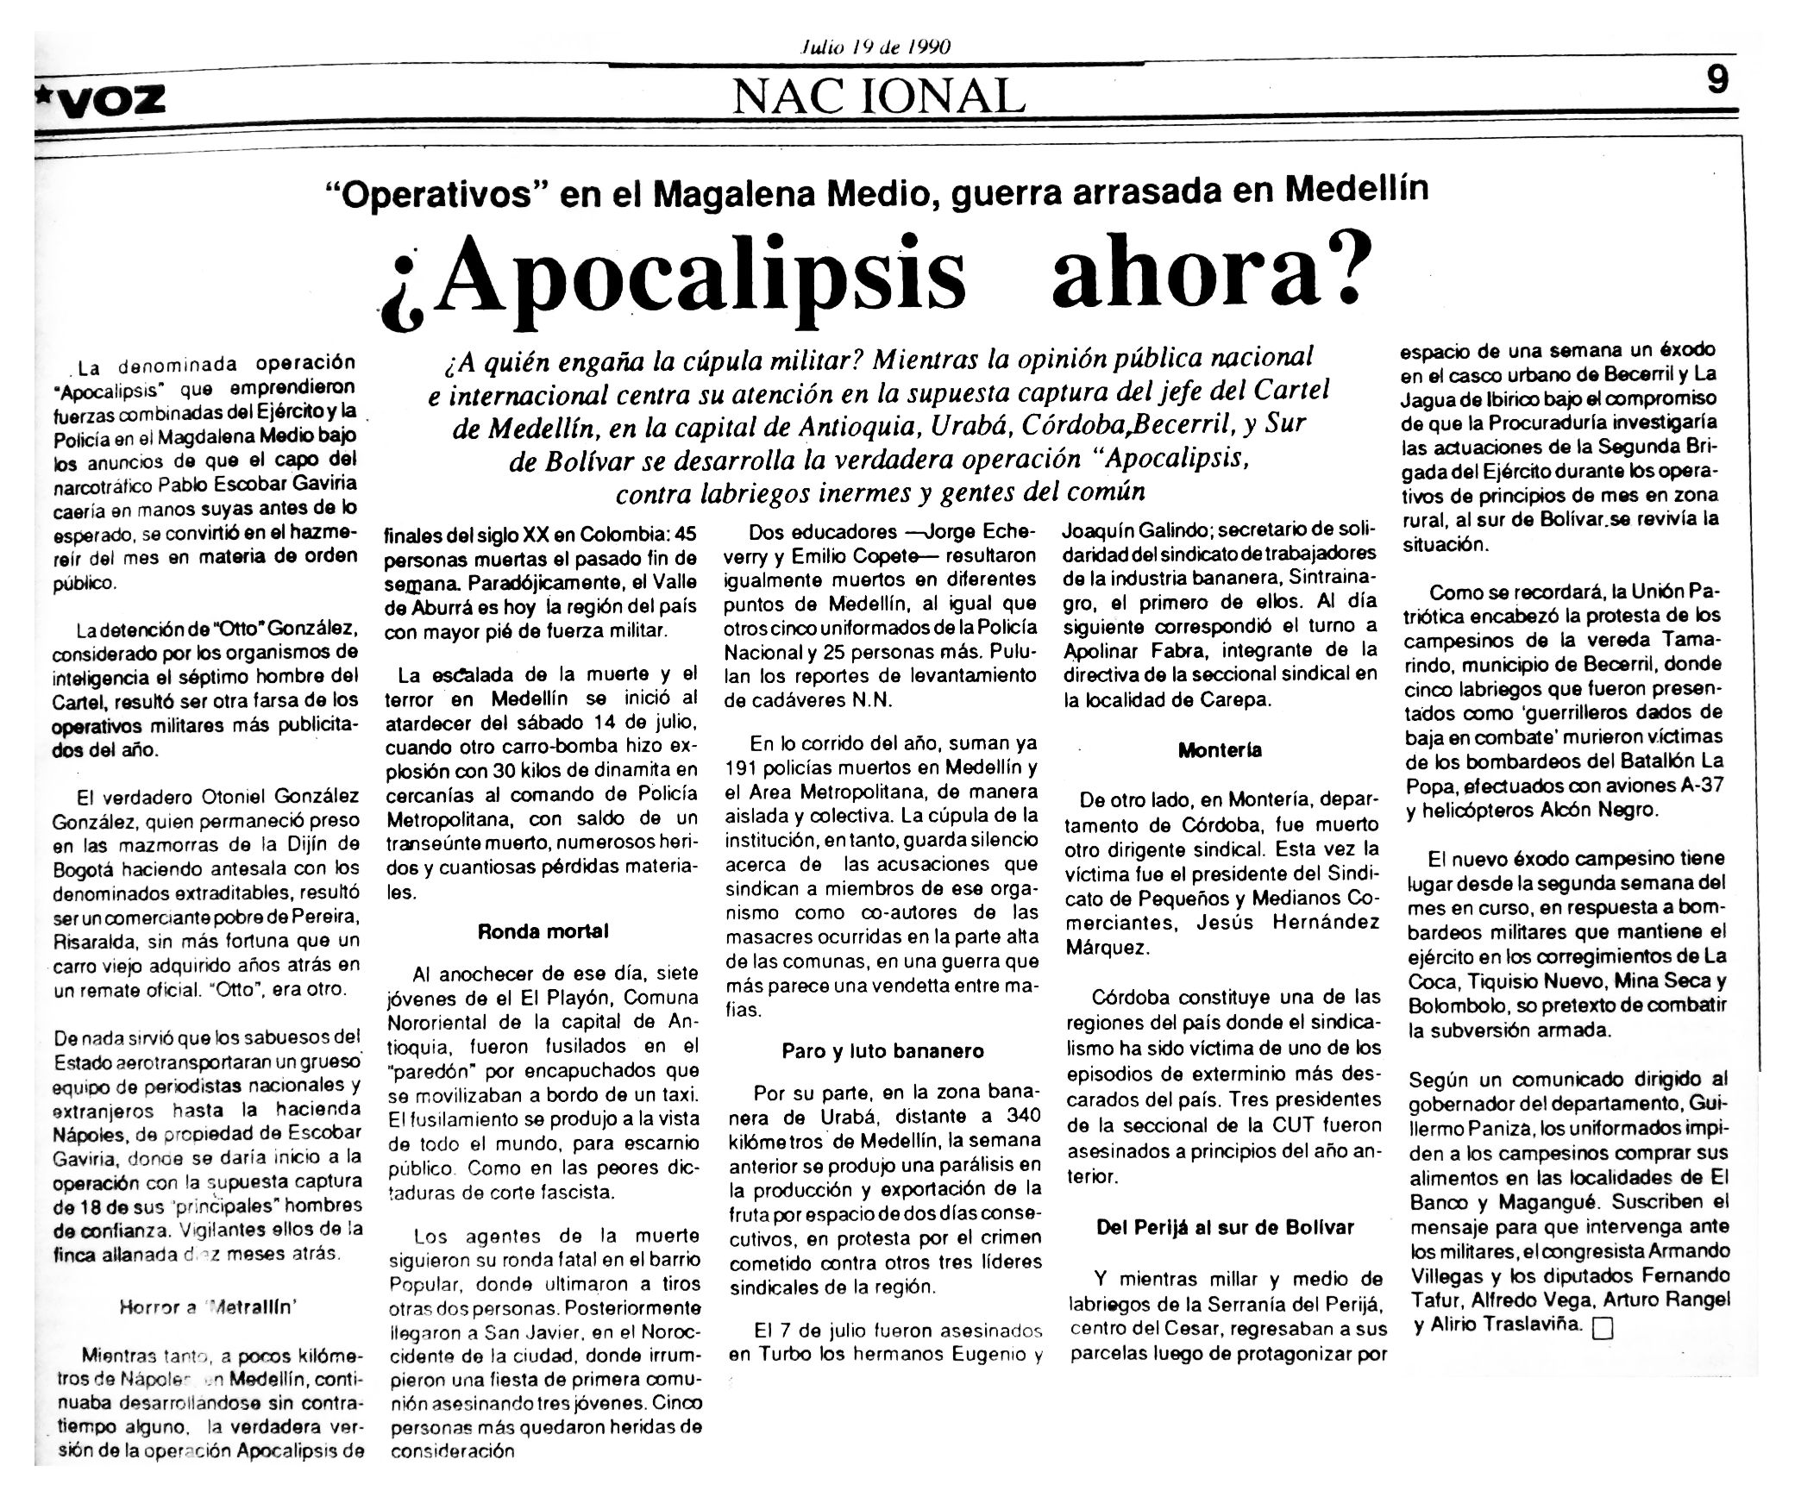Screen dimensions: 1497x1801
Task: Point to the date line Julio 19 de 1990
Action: tap(875, 47)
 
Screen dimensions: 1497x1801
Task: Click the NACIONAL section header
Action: tap(878, 96)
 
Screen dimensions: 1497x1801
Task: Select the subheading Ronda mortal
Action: tap(543, 931)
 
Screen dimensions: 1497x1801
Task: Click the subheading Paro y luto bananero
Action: tap(882, 1051)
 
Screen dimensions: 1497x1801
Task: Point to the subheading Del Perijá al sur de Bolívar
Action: tap(1225, 1228)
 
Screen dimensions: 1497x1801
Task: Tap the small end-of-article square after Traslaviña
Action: tap(1602, 1354)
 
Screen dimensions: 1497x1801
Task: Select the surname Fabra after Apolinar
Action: tap(1189, 650)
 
